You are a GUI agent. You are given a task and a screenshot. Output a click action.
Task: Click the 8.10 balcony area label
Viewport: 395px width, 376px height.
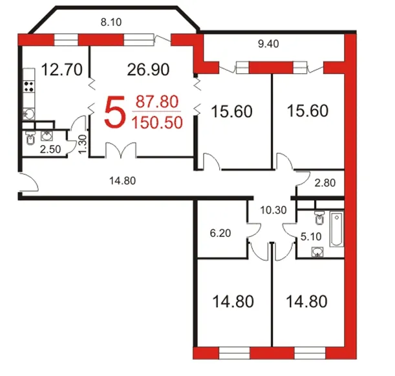(111, 22)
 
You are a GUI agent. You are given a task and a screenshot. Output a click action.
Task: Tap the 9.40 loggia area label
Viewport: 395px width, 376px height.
(268, 44)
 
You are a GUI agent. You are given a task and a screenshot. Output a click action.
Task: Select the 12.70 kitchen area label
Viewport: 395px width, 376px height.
(61, 70)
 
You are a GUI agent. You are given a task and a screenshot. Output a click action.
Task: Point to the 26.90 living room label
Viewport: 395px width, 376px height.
(148, 70)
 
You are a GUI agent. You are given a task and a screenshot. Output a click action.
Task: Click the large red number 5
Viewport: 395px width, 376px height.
(115, 112)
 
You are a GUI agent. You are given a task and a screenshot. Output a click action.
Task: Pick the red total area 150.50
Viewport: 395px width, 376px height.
(157, 123)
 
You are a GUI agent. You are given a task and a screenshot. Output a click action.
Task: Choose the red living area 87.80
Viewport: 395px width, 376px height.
(157, 102)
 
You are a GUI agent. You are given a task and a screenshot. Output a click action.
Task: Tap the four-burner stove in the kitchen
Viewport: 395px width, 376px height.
(28, 86)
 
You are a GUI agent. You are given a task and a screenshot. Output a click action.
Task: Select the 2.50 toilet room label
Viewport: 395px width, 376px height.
(50, 149)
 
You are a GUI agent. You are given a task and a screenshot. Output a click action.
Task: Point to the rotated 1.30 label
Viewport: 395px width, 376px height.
(83, 144)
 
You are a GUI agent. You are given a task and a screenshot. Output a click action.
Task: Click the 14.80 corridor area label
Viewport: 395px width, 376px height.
(122, 181)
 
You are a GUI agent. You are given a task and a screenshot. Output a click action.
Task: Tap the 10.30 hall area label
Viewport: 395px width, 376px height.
(273, 210)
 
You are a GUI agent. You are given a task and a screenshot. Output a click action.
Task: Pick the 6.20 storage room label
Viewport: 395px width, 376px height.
(220, 233)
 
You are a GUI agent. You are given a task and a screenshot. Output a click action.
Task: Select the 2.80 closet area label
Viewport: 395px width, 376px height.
(325, 183)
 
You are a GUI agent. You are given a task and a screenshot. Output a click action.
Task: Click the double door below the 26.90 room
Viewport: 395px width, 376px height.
(121, 151)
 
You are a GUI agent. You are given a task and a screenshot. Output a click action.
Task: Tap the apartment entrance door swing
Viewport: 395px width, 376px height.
(28, 182)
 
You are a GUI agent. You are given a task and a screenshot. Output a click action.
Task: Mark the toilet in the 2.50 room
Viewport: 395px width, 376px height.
(30, 139)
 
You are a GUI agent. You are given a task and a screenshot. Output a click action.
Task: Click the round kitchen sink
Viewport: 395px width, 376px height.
(29, 114)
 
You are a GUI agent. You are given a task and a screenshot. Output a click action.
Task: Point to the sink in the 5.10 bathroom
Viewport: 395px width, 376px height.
(317, 252)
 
